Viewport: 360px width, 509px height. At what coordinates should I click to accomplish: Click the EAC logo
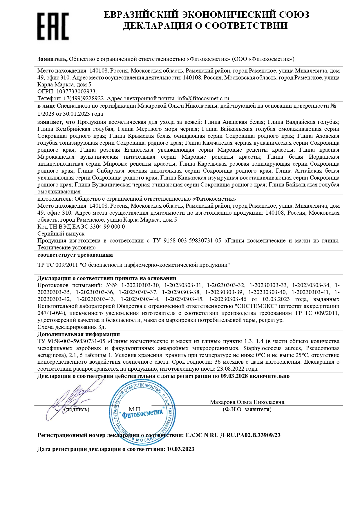[x=53, y=26]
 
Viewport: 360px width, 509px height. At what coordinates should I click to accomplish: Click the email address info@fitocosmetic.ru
[x=203, y=99]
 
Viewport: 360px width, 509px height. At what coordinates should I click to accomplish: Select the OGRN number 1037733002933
[x=76, y=92]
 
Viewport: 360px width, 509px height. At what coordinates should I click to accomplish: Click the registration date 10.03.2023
[x=181, y=449]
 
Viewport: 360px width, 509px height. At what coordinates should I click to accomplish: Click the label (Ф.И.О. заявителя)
[x=247, y=410]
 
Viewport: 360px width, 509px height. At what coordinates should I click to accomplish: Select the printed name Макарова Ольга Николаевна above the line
[x=247, y=402]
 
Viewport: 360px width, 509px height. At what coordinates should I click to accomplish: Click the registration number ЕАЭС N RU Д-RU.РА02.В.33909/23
[x=233, y=435]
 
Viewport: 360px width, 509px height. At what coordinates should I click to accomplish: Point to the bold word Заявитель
[x=53, y=59]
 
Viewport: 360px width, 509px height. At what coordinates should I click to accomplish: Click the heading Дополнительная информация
[x=79, y=334]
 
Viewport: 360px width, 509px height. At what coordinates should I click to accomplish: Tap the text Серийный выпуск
[x=61, y=234]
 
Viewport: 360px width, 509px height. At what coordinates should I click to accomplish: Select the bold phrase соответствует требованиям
[x=75, y=255]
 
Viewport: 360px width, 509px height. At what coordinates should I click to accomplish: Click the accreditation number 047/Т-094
[x=52, y=313]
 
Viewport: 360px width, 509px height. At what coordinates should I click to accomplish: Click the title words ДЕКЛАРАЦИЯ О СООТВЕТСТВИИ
[x=205, y=26]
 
